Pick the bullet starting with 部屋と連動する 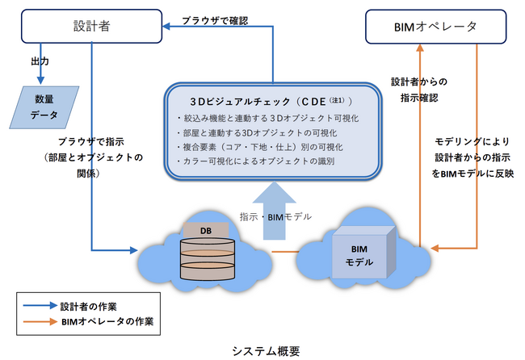coord(255,132)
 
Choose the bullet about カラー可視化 coord(254,161)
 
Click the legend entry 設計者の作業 coord(88,306)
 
